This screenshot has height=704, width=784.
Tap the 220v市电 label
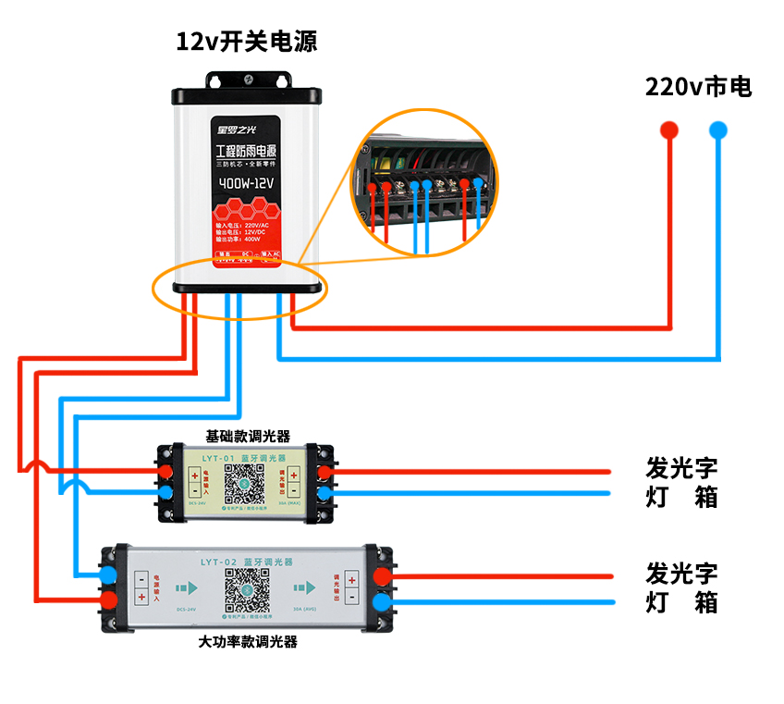(698, 87)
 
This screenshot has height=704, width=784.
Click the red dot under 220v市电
(668, 130)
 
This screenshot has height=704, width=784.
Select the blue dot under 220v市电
(718, 130)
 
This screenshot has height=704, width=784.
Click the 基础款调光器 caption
(247, 436)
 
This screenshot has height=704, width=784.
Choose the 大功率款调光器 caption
(247, 641)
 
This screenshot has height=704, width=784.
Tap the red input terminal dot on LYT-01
(167, 473)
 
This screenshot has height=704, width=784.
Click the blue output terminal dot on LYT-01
(325, 493)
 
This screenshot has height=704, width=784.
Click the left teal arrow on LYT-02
(188, 588)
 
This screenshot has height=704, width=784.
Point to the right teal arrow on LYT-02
(304, 588)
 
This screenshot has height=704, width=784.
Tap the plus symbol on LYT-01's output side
(295, 476)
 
